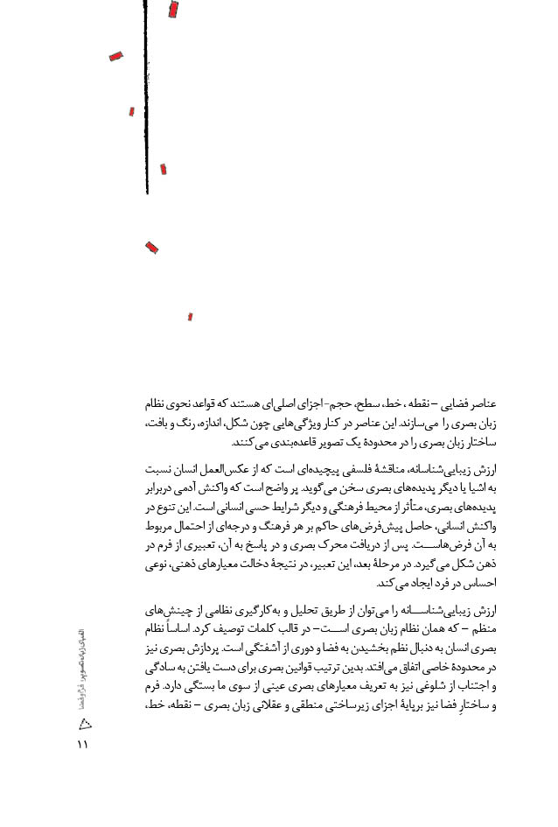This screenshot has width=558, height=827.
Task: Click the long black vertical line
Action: [x=146, y=96]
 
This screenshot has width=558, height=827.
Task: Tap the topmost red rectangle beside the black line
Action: [x=173, y=10]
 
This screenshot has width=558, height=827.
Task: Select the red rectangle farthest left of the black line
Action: [x=115, y=57]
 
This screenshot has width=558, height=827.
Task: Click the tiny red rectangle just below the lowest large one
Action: [x=190, y=317]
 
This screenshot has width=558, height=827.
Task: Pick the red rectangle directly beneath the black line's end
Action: [x=151, y=248]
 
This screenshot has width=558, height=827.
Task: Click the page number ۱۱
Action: [x=83, y=745]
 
